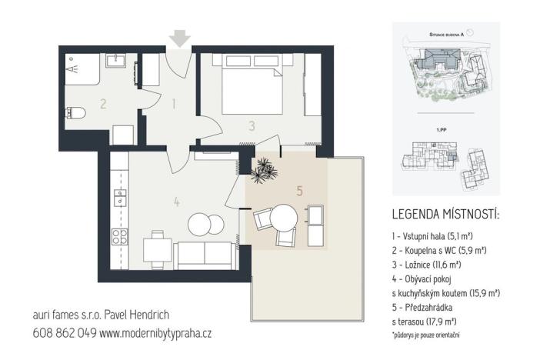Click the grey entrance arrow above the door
180,38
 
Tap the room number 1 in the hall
175,102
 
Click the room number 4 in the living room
176,202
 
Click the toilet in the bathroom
74,115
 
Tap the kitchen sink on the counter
120,198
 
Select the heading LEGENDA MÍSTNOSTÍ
445,213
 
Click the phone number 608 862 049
65,333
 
